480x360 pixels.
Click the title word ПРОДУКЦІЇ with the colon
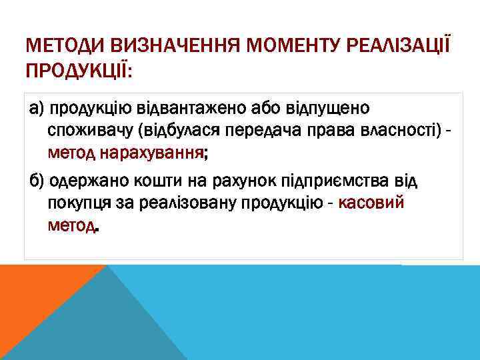(x=77, y=69)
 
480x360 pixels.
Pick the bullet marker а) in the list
(x=38, y=108)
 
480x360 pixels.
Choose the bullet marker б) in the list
(x=38, y=181)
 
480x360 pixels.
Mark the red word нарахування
(x=153, y=154)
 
